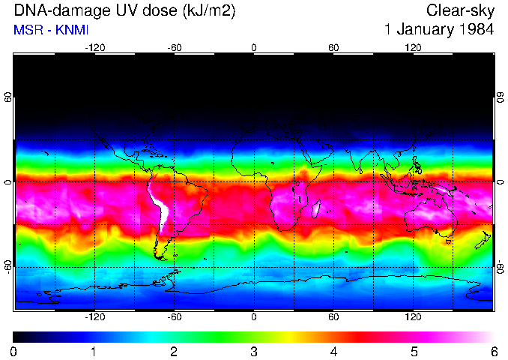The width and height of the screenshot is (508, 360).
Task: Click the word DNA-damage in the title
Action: click(x=50, y=10)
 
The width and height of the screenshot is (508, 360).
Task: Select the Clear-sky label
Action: click(x=460, y=10)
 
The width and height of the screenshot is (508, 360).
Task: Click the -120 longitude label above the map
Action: click(x=94, y=47)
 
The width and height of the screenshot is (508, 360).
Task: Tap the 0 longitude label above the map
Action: click(x=254, y=47)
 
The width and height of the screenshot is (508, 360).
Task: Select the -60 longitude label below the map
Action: click(x=175, y=317)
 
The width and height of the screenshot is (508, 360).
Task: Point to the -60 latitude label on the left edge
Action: click(x=8, y=266)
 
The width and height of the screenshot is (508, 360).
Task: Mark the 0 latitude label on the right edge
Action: click(x=500, y=182)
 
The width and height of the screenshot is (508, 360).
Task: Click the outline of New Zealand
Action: click(x=485, y=241)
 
